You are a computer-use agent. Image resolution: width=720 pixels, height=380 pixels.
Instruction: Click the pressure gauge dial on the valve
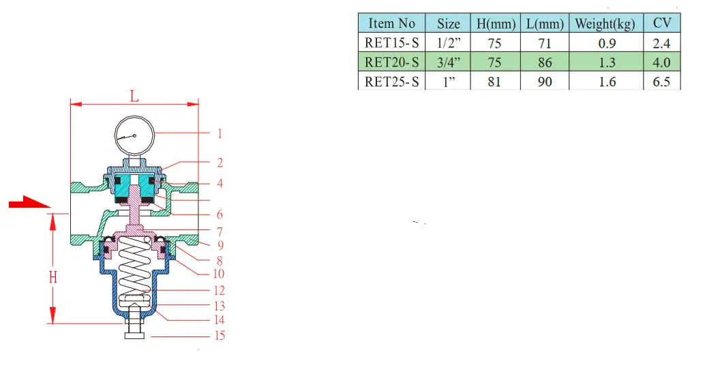coord(134,136)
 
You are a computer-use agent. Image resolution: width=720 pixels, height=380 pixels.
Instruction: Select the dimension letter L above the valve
coord(134,96)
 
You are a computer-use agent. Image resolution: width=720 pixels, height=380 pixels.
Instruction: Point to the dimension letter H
coord(53,277)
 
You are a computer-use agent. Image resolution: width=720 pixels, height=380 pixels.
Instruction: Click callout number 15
coord(220,336)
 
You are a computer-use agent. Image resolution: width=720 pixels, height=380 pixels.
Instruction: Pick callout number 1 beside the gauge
coord(220,134)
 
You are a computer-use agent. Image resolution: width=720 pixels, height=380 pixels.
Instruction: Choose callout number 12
coord(219,291)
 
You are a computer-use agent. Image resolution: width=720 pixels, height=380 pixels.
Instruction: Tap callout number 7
coord(220,232)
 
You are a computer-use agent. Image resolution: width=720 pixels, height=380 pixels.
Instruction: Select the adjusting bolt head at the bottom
coord(134,336)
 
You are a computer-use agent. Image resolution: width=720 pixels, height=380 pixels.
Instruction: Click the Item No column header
coord(391,23)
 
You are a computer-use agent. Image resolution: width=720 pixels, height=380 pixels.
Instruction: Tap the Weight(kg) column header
coord(605,24)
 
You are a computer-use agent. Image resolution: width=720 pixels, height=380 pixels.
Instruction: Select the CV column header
coord(661,23)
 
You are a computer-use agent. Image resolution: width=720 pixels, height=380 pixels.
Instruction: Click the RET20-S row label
coord(391,63)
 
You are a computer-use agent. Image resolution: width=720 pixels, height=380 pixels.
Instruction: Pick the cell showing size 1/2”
coord(448,43)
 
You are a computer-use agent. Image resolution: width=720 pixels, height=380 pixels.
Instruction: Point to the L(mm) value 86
coord(545,63)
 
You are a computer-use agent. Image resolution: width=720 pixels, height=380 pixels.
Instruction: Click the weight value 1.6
coord(607,82)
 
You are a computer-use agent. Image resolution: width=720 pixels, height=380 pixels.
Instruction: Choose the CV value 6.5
coord(661,82)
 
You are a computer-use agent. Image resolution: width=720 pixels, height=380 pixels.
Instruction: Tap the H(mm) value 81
coord(494,82)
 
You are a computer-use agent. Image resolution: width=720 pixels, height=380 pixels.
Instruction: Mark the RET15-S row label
coord(391,43)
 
